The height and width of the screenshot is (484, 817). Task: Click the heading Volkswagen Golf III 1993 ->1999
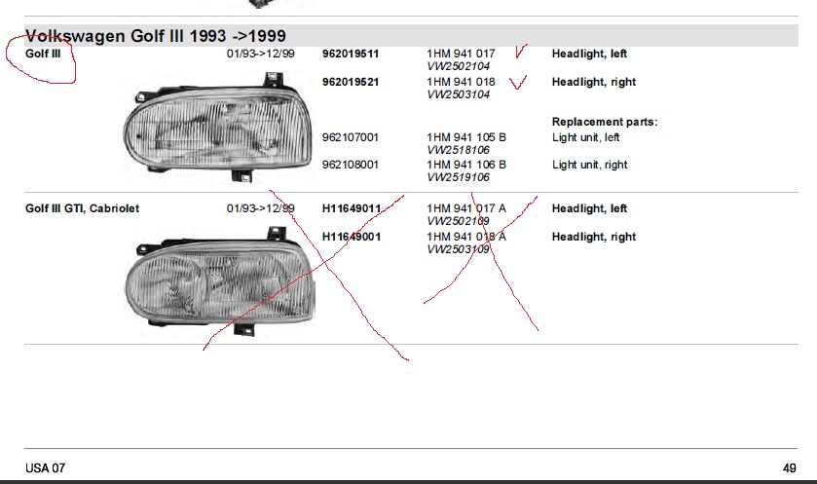pos(155,36)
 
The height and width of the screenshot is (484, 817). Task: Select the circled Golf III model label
pos(43,54)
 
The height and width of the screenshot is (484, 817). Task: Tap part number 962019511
pos(351,54)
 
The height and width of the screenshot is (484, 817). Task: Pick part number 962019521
pos(351,82)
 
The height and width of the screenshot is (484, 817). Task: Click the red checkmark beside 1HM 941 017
pos(520,52)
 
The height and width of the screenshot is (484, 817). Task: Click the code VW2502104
pos(458,66)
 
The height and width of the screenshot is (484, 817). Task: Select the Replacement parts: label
pos(605,122)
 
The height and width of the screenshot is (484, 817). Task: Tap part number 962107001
pos(351,137)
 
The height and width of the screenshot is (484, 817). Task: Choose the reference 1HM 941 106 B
pos(466,165)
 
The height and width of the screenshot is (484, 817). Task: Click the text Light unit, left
pos(585,137)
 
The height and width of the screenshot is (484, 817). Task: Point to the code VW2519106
pos(458,177)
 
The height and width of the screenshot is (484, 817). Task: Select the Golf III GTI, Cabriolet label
pos(83,208)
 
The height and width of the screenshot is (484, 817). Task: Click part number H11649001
pos(352,237)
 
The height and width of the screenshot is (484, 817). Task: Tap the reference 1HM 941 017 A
pos(466,208)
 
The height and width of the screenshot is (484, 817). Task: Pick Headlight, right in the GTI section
pos(594,237)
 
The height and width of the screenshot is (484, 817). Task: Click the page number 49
pos(790,468)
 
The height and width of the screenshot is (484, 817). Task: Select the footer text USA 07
pos(46,468)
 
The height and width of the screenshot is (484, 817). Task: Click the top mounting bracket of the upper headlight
pos(273,80)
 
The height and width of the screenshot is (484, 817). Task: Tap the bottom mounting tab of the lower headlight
pos(243,330)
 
